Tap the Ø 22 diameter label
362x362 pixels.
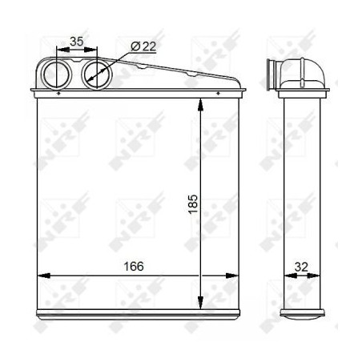(x=143, y=46)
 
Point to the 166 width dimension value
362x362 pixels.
(x=133, y=266)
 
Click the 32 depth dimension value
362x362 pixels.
(x=302, y=266)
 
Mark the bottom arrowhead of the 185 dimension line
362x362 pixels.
(x=199, y=303)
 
